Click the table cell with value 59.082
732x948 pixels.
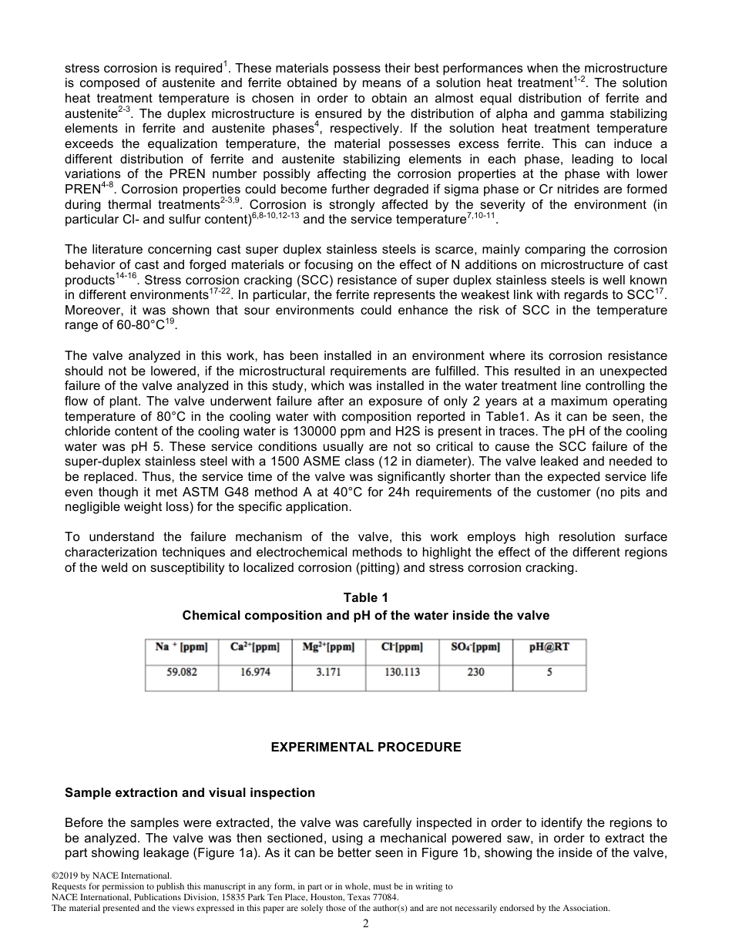click(182, 672)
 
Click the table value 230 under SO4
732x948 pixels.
click(475, 672)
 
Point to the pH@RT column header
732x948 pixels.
click(549, 647)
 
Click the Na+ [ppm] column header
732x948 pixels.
click(182, 647)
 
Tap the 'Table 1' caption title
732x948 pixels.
click(365, 598)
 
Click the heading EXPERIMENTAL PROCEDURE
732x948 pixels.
click(365, 748)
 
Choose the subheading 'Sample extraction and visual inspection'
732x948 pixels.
click(190, 792)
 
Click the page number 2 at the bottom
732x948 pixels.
click(366, 924)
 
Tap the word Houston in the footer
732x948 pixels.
click(300, 898)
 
